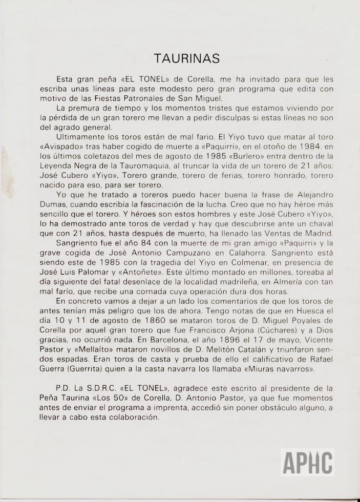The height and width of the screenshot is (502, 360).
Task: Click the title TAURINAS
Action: point(187,58)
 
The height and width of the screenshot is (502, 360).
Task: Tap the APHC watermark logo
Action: point(307,463)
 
